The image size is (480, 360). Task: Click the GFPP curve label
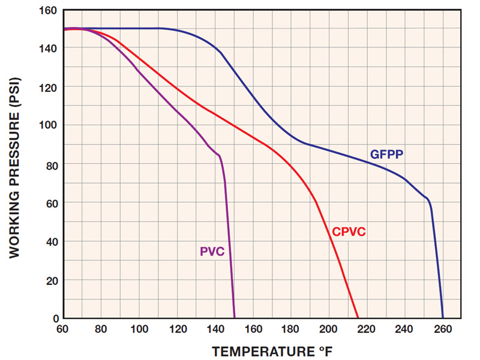[x=386, y=154]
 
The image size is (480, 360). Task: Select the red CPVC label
[x=349, y=232]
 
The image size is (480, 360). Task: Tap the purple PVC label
[x=212, y=251]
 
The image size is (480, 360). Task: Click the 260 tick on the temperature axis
[x=443, y=329]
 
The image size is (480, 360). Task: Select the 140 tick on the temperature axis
[x=214, y=329]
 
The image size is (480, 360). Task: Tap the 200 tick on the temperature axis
[x=329, y=329]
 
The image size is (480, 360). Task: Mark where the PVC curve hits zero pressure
[x=234, y=317]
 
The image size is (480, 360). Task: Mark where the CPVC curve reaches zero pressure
[x=358, y=317]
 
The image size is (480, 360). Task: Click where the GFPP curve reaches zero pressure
[x=443, y=317]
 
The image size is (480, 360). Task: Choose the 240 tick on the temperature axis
[x=405, y=329]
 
